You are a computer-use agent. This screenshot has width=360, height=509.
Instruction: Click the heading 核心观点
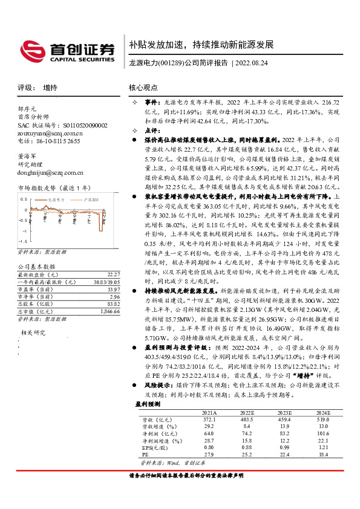tap(143, 88)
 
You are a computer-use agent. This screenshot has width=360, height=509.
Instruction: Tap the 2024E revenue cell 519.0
tap(322, 419)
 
